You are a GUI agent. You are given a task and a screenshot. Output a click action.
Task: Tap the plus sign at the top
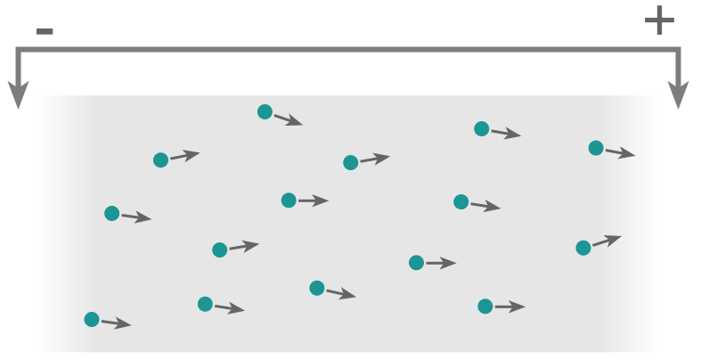(659, 20)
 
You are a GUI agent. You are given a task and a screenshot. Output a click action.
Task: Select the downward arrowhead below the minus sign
(18, 94)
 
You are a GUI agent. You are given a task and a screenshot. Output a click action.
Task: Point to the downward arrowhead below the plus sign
(679, 94)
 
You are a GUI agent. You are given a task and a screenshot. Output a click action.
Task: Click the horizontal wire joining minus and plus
(347, 50)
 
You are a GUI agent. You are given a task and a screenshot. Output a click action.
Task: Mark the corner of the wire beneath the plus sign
(678, 51)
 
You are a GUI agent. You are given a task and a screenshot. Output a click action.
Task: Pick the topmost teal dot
(265, 111)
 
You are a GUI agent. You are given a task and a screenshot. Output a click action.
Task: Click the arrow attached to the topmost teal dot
(288, 119)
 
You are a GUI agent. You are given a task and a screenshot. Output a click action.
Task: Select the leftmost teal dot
(92, 319)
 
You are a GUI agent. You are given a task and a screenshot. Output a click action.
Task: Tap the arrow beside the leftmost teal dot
(116, 323)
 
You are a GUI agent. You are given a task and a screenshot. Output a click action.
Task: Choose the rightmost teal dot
(596, 148)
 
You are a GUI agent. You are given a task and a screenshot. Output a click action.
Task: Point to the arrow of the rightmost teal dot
(620, 153)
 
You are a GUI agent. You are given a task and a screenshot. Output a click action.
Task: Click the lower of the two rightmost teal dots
(583, 248)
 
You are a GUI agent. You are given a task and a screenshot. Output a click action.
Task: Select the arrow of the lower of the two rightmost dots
(607, 241)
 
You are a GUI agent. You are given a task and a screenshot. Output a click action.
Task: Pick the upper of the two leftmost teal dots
(112, 213)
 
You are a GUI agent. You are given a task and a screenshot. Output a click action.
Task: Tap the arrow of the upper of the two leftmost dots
(136, 217)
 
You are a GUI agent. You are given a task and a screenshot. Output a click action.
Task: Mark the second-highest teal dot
(481, 128)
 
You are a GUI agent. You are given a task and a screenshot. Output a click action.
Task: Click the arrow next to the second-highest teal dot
(505, 134)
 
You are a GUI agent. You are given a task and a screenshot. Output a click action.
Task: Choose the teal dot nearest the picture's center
(351, 162)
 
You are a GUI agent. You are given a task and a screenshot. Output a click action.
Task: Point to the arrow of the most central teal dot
(375, 159)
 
